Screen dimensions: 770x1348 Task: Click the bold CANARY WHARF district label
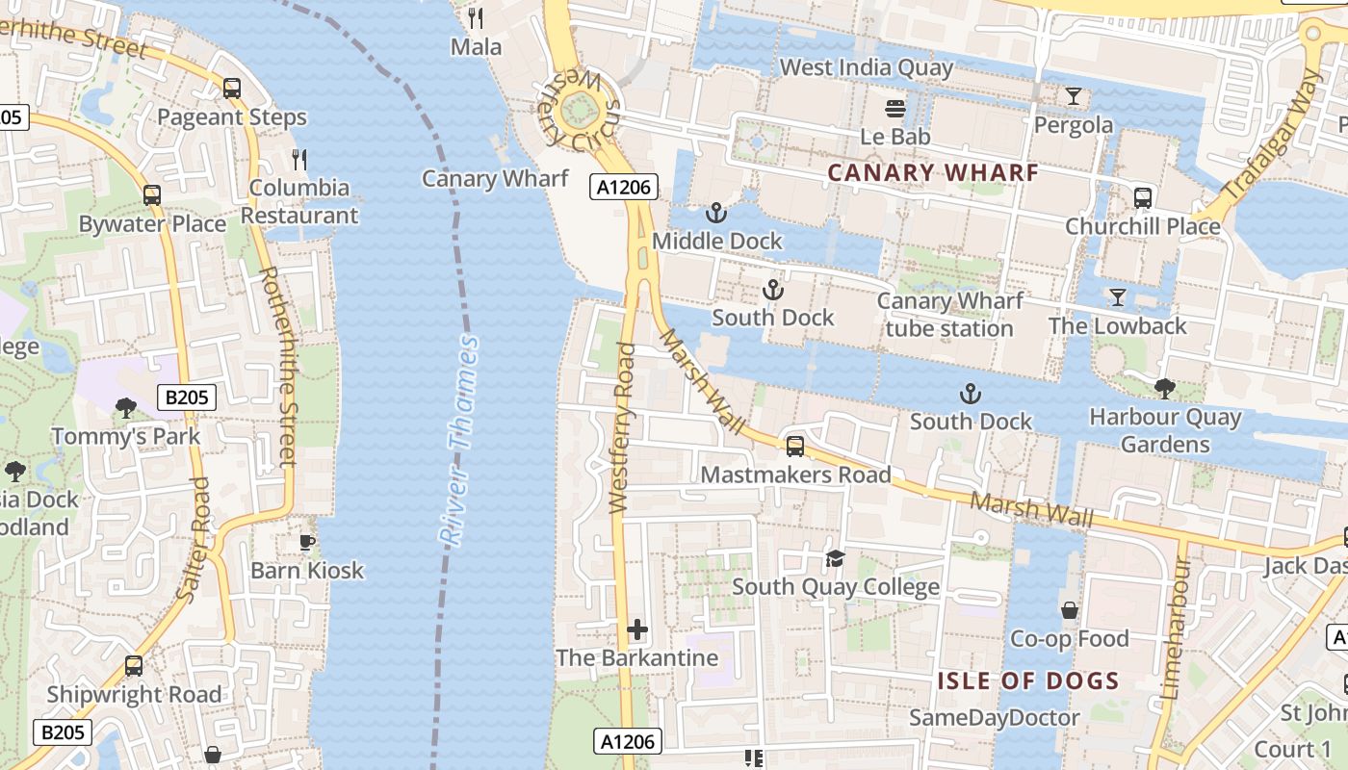(x=933, y=173)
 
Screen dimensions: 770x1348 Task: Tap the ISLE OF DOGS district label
(x=1028, y=681)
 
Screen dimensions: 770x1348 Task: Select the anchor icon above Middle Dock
(x=716, y=213)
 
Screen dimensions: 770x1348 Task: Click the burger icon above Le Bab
(x=895, y=108)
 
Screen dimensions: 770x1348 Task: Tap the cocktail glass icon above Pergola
(x=1074, y=96)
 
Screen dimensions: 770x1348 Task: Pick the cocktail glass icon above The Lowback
(x=1117, y=296)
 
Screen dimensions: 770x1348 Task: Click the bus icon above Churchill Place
(x=1143, y=198)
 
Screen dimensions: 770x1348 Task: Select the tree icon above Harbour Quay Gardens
(x=1164, y=389)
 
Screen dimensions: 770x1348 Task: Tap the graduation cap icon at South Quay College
(x=835, y=558)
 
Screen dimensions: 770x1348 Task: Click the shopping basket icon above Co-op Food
(x=1069, y=610)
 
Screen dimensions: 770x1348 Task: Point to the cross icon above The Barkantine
(x=637, y=630)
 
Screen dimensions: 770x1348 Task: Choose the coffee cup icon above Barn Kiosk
(x=307, y=542)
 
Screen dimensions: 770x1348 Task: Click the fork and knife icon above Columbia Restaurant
(x=299, y=159)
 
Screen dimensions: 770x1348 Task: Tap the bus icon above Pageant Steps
(x=232, y=89)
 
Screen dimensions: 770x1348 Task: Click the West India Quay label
(x=866, y=67)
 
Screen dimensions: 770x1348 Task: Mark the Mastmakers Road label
(x=795, y=475)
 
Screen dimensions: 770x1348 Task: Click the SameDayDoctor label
(x=995, y=717)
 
